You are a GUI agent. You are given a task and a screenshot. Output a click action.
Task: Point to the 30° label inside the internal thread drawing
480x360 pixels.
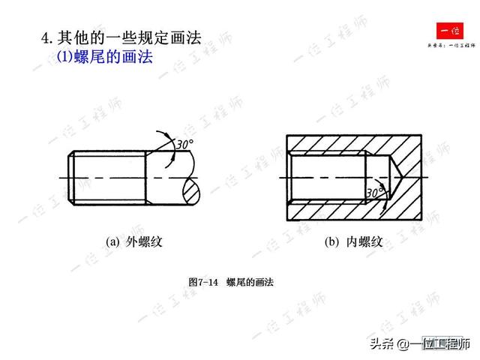(375, 193)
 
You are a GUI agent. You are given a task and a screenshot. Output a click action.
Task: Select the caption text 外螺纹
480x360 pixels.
(144, 241)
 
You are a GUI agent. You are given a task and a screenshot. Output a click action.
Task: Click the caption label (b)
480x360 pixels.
(332, 241)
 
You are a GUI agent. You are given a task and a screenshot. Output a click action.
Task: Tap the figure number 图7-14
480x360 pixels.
(202, 282)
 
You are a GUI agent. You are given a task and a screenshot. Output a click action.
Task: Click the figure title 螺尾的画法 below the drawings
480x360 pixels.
(250, 282)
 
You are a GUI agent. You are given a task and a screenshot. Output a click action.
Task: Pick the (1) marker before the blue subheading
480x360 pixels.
(64, 57)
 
